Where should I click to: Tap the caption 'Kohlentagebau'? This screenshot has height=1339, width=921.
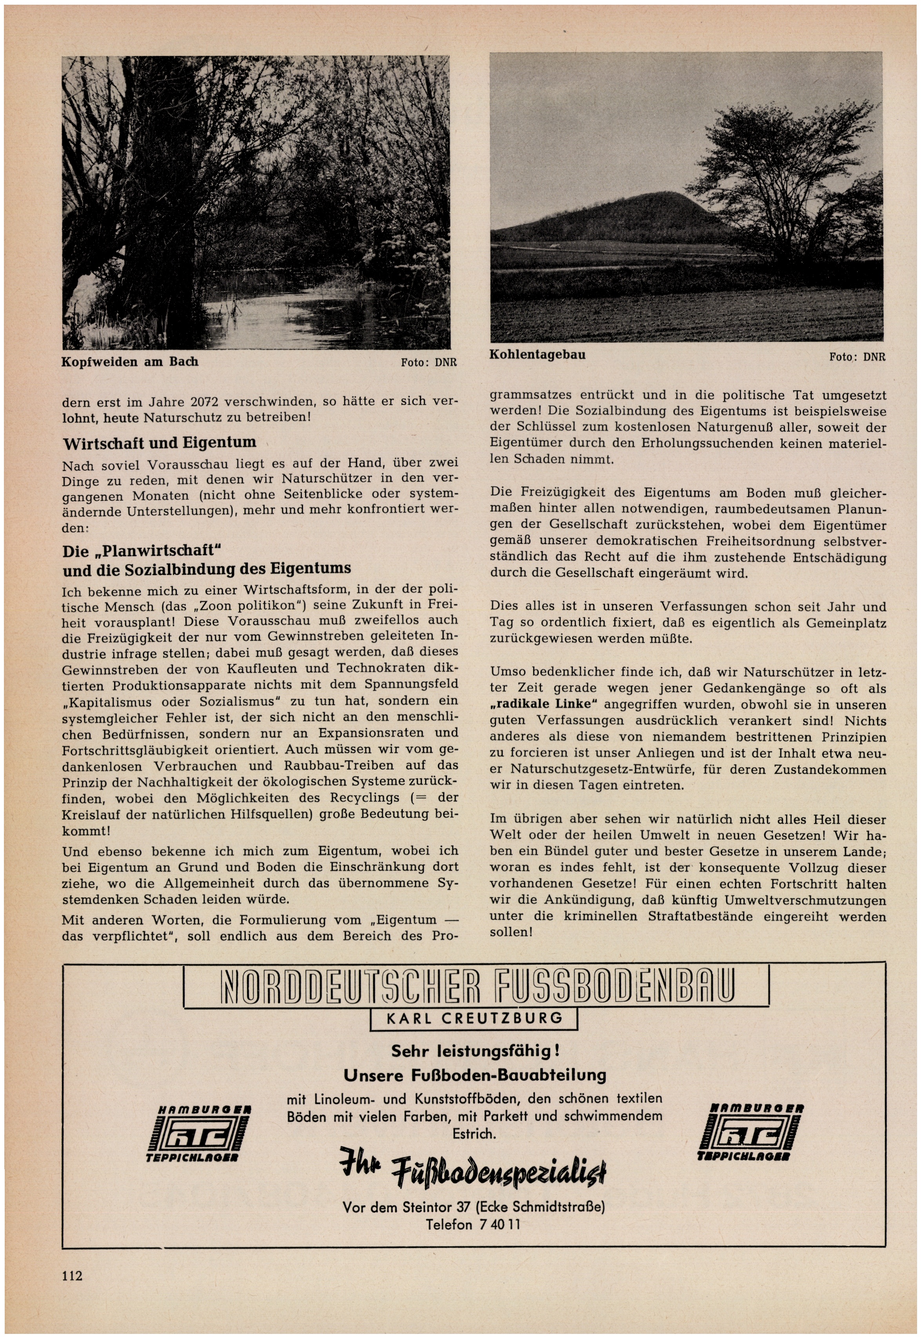point(537,355)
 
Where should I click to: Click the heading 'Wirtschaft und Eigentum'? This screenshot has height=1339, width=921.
point(159,443)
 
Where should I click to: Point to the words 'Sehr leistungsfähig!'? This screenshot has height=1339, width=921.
point(475,1051)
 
